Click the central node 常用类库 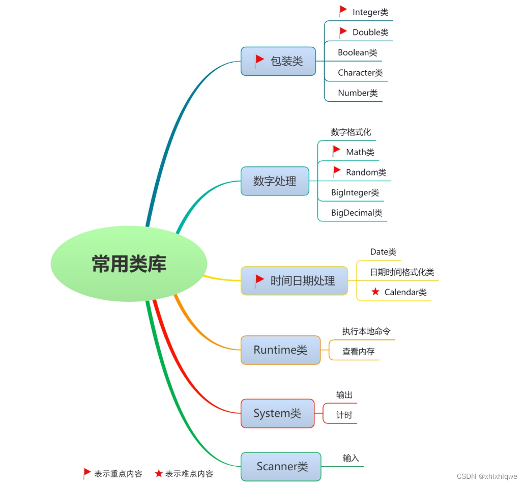coord(129,264)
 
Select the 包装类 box coord(278,61)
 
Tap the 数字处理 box coord(275,181)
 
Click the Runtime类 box coord(280,350)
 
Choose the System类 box coord(277,413)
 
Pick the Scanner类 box coord(281,466)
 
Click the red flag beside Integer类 coord(343,11)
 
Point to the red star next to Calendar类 coord(375,292)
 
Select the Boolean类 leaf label coord(358,52)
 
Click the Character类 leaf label coord(360,73)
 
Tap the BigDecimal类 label coord(357,213)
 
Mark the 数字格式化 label coord(351,132)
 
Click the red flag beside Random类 coord(336,172)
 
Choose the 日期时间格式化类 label coord(402,272)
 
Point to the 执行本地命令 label coord(366,331)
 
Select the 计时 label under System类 coord(344,415)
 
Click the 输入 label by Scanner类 coord(351,458)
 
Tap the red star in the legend coord(159,473)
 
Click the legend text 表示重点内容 coord(118,473)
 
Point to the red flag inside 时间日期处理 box coord(259,279)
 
